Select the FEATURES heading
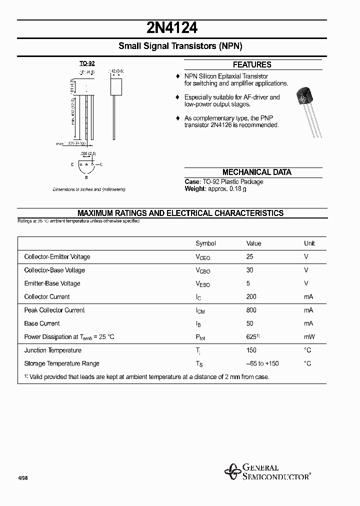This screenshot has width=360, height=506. point(252,65)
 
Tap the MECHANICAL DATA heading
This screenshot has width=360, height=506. point(256,172)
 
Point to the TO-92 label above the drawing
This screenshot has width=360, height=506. point(87,64)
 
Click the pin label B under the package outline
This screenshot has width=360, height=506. point(86,177)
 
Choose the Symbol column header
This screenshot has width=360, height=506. point(205,243)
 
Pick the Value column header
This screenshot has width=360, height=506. point(253,243)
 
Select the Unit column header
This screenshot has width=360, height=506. point(309,243)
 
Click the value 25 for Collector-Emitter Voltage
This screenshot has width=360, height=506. point(250,256)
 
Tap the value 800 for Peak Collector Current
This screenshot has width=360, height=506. point(251,310)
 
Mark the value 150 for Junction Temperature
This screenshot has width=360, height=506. point(251,350)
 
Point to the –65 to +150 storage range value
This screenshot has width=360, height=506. point(262,363)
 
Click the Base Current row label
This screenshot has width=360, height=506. point(42,323)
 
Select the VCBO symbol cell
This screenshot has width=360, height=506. point(202,270)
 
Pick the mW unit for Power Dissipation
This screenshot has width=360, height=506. point(309,337)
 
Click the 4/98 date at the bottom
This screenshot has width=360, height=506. point(23,478)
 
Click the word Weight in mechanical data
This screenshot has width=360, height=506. point(194,188)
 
